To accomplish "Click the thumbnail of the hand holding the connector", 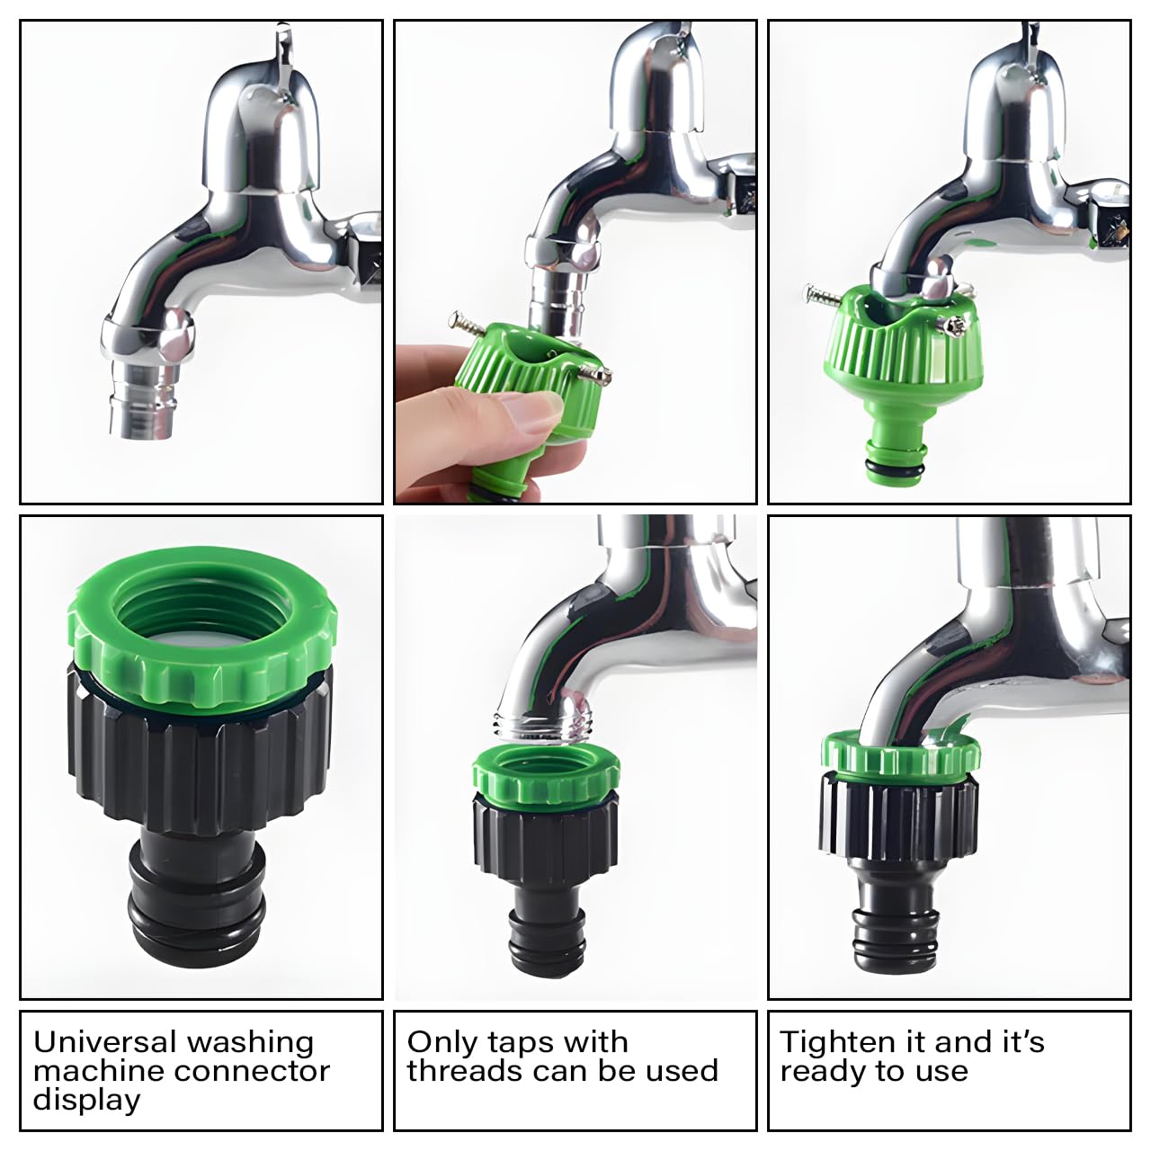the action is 575,262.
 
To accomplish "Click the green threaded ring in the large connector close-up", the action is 202,622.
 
